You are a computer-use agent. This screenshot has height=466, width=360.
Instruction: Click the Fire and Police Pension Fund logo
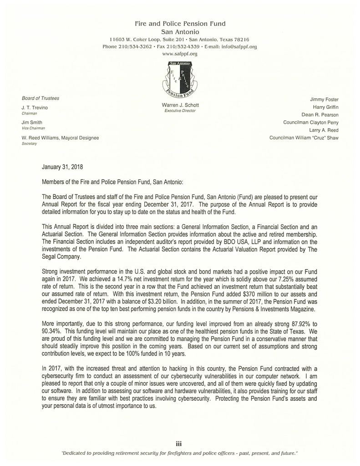(180, 79)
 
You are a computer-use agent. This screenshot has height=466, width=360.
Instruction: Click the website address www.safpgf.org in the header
(180, 54)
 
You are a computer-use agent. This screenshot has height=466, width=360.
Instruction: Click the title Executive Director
(180, 111)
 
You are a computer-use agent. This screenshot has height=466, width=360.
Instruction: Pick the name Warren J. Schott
(180, 105)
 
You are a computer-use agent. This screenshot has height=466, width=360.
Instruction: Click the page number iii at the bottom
(179, 443)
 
